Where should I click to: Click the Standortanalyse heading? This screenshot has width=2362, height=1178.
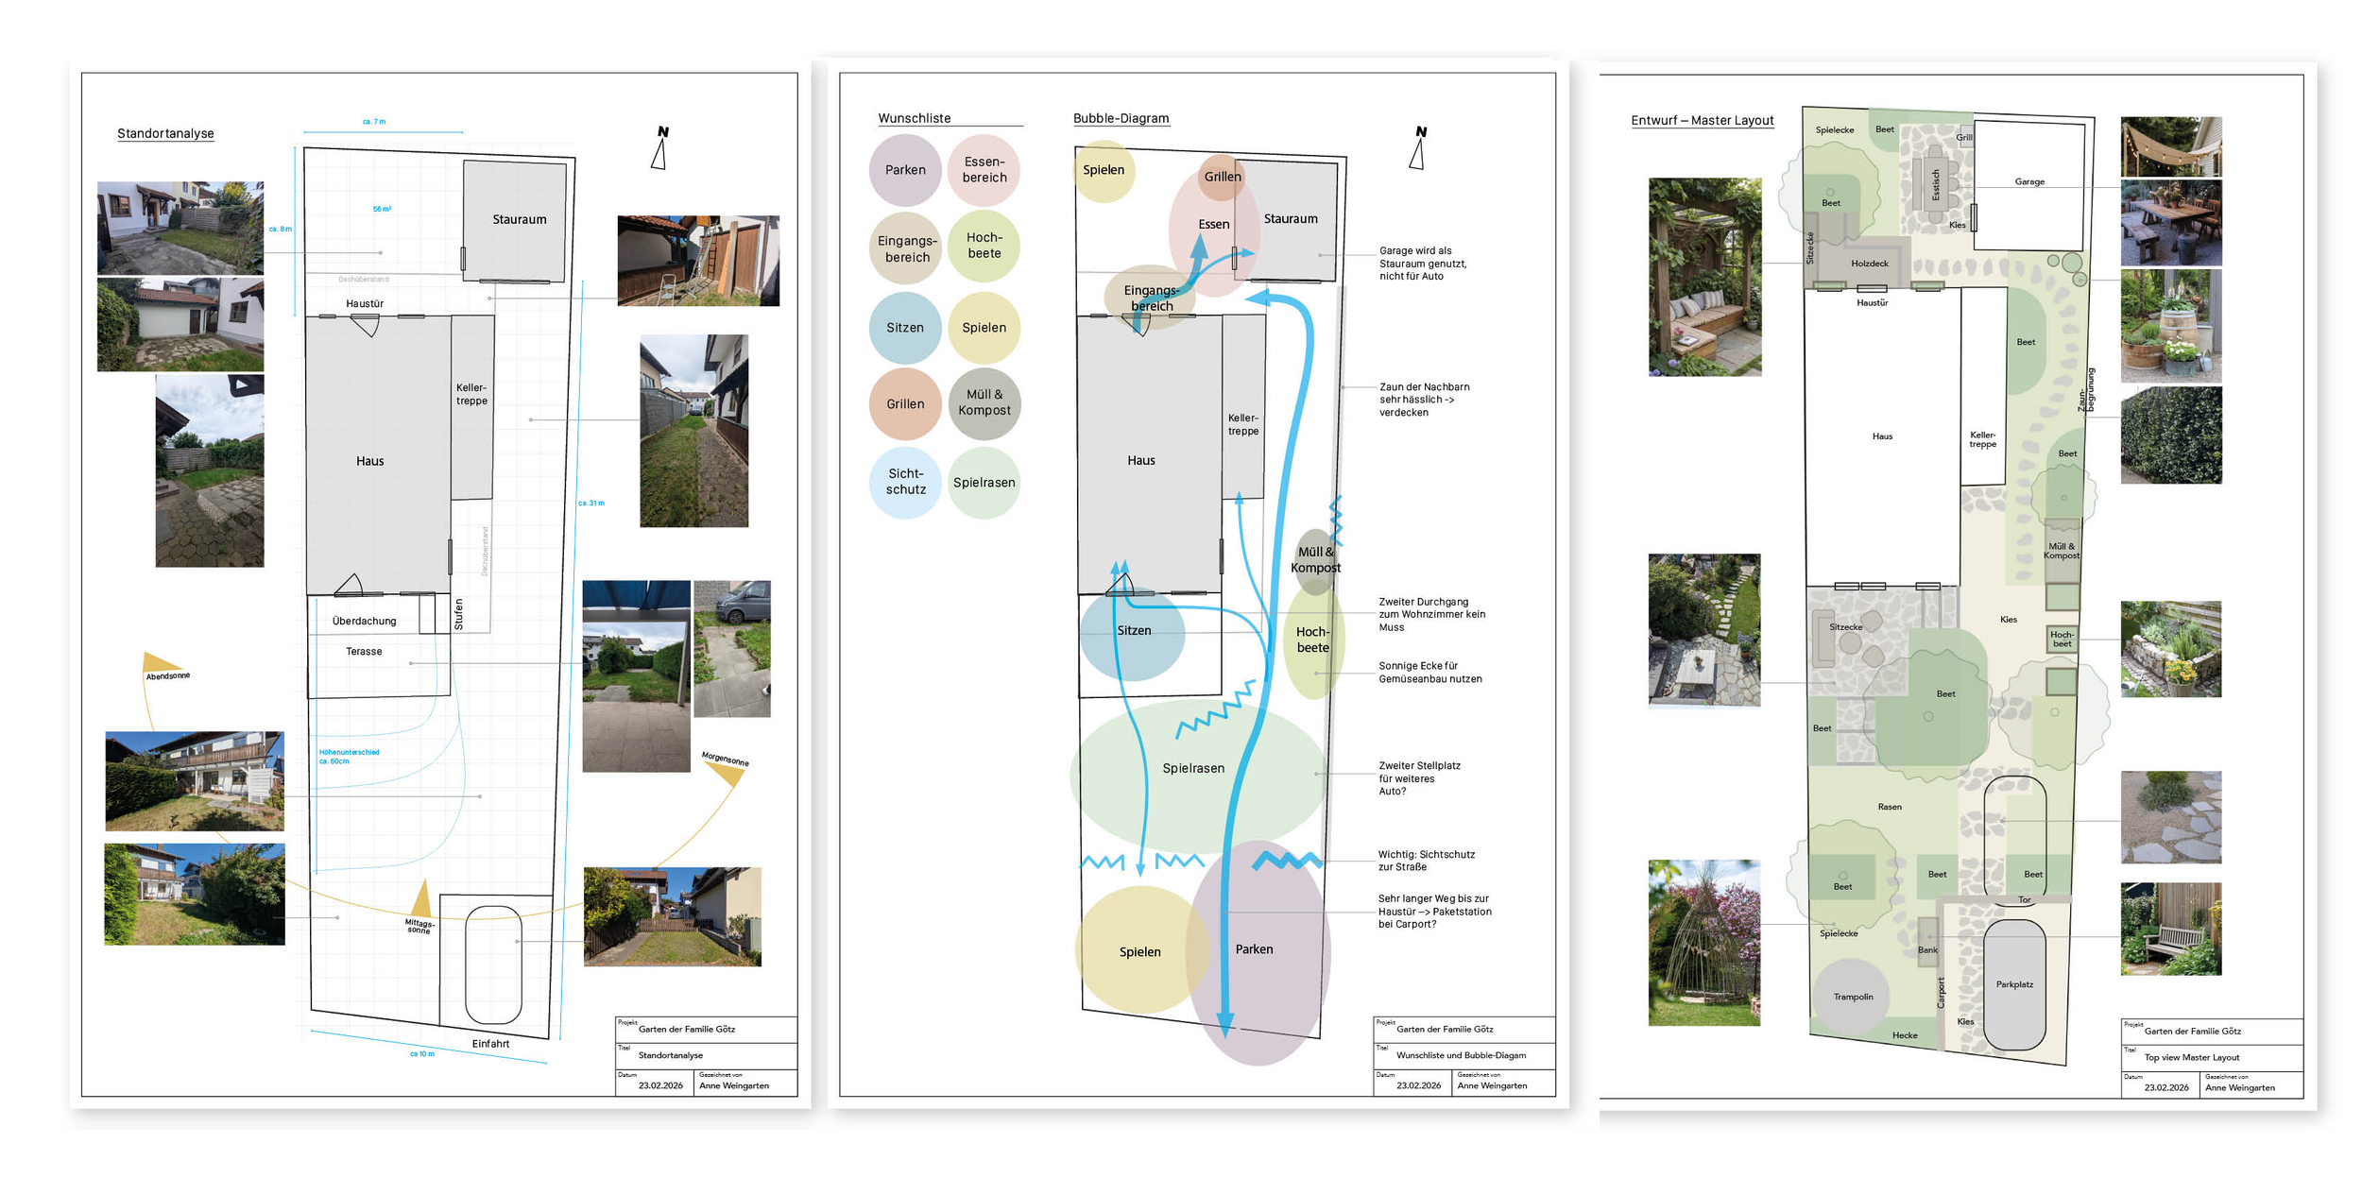click(165, 133)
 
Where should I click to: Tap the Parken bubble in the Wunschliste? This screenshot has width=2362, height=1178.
click(905, 170)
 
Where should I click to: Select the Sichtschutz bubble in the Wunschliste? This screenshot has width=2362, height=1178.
click(905, 482)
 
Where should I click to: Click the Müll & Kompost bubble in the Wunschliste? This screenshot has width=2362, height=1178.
click(984, 403)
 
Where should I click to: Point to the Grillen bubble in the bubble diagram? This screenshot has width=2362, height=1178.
click(1222, 177)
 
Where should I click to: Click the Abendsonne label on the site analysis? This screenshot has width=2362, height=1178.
click(167, 675)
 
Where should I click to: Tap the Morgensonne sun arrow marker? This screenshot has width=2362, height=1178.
click(726, 774)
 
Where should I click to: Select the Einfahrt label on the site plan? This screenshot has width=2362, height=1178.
click(490, 1044)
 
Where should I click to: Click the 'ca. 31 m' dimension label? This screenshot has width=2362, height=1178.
click(591, 503)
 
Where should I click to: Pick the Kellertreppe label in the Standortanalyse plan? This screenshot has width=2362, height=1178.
click(471, 394)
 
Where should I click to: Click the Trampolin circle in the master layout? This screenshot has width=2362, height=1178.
click(1853, 997)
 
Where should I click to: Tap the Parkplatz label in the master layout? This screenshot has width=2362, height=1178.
click(2014, 984)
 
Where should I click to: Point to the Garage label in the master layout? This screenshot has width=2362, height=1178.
click(2029, 181)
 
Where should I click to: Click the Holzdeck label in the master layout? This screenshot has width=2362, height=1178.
click(1870, 264)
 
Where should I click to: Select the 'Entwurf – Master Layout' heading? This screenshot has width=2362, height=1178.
click(1702, 121)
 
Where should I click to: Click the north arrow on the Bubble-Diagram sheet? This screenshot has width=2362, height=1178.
click(1418, 148)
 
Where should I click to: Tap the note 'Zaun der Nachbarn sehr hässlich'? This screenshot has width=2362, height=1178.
click(1424, 400)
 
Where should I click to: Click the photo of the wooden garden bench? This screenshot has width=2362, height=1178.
click(2170, 930)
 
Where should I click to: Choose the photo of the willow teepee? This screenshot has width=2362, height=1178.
click(1703, 942)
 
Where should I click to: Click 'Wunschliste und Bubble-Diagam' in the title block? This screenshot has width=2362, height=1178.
click(1461, 1055)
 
